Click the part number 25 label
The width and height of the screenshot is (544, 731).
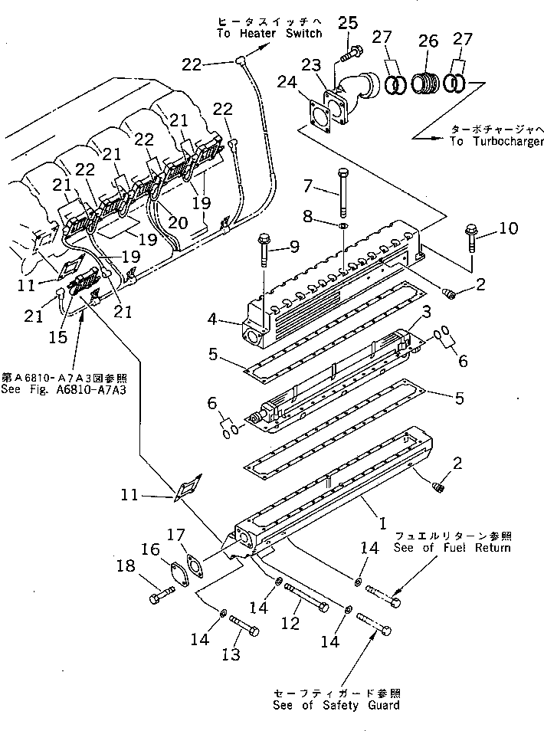[348, 24]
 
